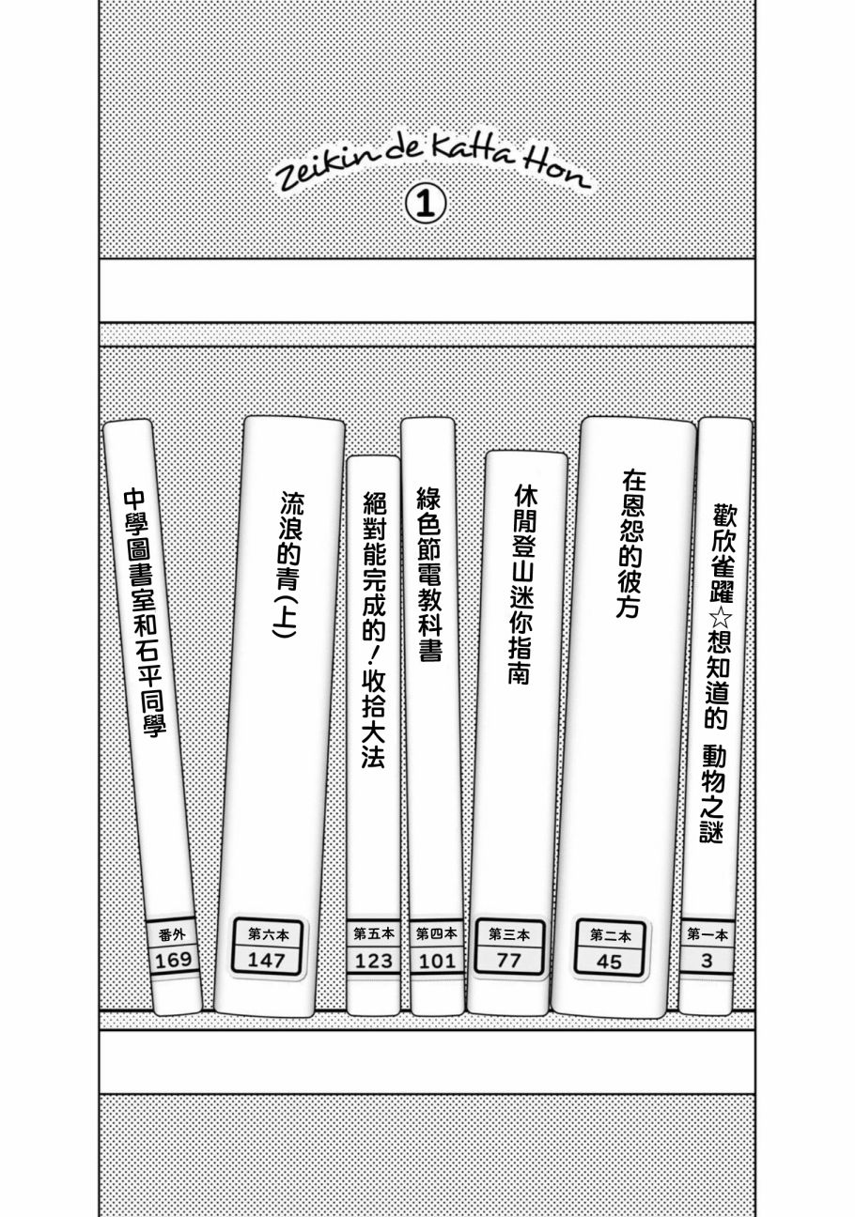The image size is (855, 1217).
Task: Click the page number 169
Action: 174,961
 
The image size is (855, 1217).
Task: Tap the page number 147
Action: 266,961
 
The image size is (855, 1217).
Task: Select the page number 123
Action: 373,962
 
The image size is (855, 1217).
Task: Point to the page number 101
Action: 437,963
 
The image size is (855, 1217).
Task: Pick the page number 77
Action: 508,961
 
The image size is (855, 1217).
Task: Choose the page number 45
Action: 609,963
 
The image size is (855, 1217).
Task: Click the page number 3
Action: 707,961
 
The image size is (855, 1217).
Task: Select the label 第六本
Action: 269,934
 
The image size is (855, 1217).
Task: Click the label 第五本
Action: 374,933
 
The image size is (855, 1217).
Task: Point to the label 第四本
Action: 437,933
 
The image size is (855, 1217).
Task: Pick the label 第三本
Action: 509,934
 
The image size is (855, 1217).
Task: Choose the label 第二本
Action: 611,935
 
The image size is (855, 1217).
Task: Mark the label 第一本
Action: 707,934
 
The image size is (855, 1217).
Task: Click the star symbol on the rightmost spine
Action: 722,618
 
